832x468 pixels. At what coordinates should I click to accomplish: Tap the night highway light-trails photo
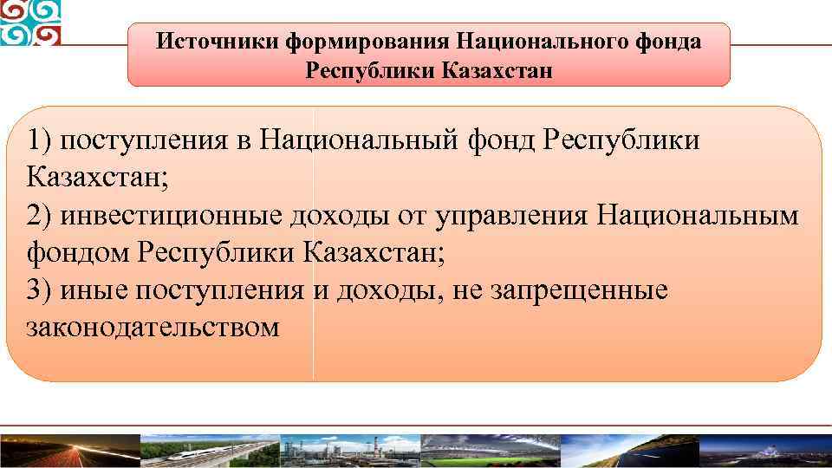click(69, 449)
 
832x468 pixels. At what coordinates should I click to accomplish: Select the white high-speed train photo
click(208, 449)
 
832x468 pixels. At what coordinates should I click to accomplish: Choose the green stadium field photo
click(490, 449)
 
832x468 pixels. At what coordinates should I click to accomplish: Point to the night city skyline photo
click(763, 449)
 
